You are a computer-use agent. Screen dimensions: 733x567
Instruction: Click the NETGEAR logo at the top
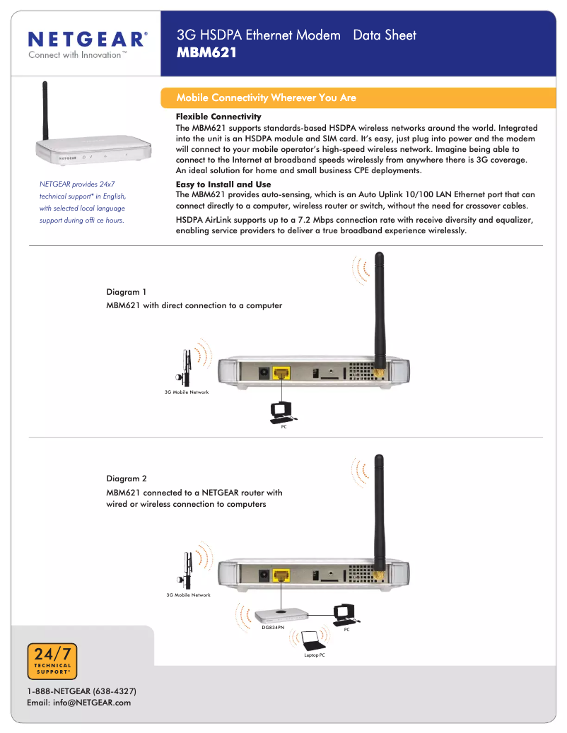pos(88,39)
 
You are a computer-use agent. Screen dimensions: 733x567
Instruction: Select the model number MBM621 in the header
pos(206,52)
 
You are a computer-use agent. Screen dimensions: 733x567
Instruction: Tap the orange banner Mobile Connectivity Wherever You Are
pos(266,98)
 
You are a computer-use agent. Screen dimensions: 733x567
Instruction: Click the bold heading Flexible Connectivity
pos(218,117)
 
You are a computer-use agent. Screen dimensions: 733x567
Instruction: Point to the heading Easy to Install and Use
pos(223,184)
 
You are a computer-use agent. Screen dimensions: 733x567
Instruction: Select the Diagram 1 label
pos(127,292)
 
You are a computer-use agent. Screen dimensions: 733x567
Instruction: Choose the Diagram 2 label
pos(127,479)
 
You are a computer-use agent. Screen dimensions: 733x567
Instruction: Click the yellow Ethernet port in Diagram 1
pos(282,372)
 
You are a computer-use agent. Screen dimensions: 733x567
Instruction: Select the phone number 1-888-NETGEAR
pos(81,691)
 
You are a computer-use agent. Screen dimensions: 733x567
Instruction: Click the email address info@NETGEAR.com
pos(78,703)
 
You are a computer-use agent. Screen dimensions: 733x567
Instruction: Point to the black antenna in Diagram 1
pos(378,311)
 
